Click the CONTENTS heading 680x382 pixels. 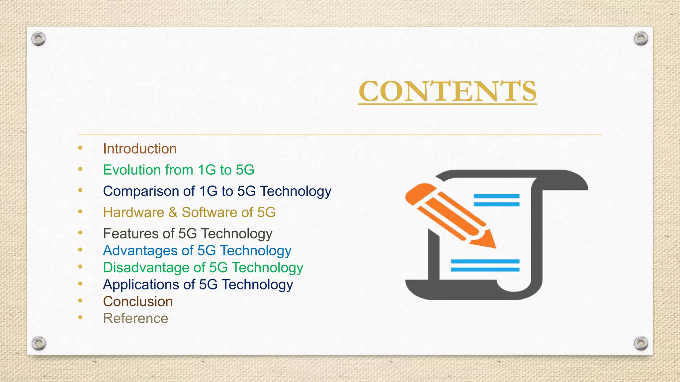447,91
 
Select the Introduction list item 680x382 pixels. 140,149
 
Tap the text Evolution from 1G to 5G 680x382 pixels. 179,170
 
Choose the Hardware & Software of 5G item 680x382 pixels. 189,213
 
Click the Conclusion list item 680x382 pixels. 138,302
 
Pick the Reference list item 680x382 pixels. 135,319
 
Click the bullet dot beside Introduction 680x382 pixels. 80,148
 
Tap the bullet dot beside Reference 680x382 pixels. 80,317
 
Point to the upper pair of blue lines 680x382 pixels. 496,200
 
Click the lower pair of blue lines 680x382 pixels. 485,265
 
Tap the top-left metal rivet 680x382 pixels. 39,39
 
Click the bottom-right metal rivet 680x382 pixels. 641,343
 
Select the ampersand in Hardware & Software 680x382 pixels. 173,213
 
